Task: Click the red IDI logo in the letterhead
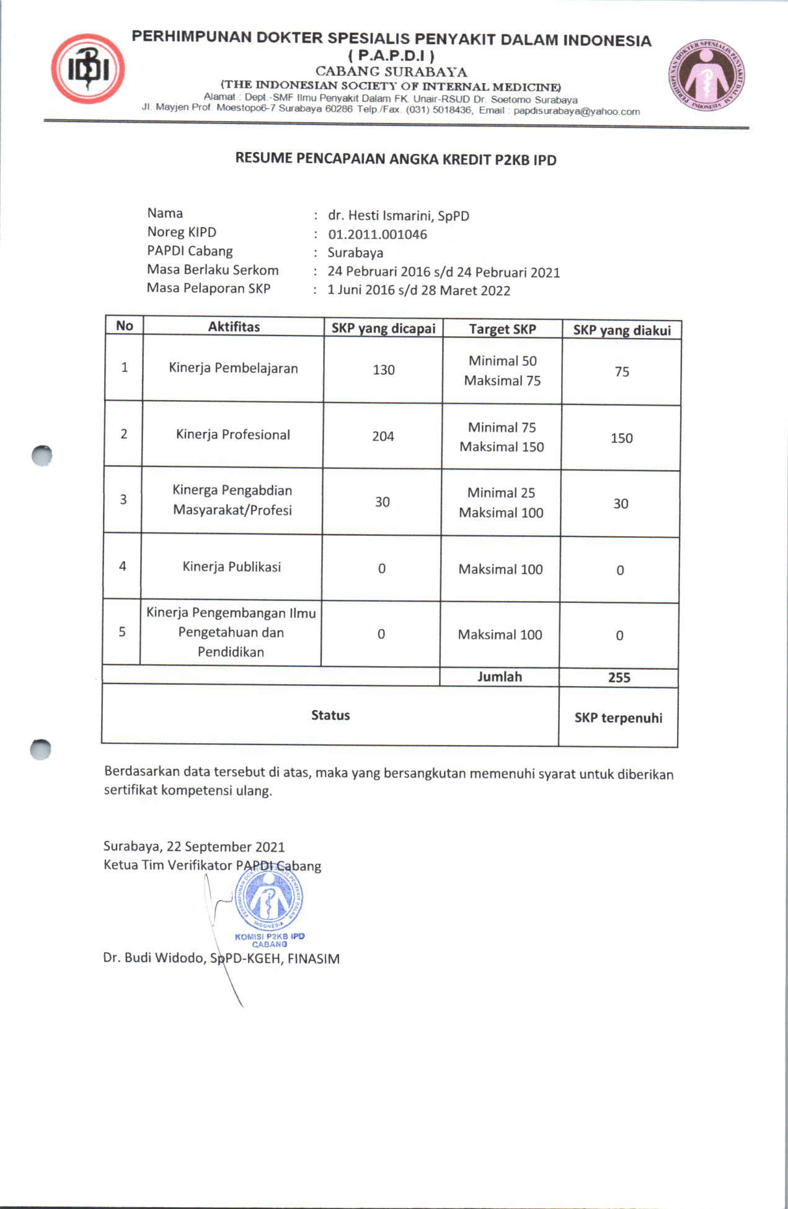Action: click(x=88, y=69)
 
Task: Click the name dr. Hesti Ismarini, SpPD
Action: click(x=398, y=216)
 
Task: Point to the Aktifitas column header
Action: click(x=234, y=327)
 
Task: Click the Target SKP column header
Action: click(x=502, y=329)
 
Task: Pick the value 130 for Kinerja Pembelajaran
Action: click(x=383, y=370)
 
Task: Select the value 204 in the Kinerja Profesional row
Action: click(x=383, y=436)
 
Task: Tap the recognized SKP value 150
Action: click(x=621, y=438)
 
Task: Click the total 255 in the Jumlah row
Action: click(x=619, y=677)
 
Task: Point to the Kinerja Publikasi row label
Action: click(x=231, y=566)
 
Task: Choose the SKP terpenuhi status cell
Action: click(x=618, y=718)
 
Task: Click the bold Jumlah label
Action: click(x=499, y=677)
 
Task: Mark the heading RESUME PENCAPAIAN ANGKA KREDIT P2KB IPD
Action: click(x=396, y=159)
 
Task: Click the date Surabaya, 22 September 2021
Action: click(x=194, y=847)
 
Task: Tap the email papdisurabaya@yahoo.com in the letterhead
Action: click(x=577, y=112)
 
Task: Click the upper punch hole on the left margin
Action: click(x=42, y=455)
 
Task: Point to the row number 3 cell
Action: click(x=123, y=499)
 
